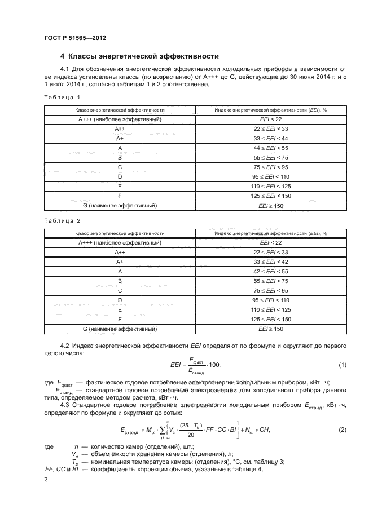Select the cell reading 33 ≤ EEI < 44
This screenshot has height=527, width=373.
click(270, 138)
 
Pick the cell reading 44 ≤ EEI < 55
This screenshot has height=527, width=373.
click(270, 148)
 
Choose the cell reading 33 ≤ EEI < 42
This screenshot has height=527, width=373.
click(270, 262)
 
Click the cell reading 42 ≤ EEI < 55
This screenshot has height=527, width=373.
click(270, 271)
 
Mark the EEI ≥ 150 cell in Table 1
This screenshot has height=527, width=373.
click(270, 206)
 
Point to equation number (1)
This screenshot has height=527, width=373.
click(342, 365)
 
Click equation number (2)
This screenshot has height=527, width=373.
click(342, 430)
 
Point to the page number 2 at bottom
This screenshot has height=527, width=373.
click(46, 480)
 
